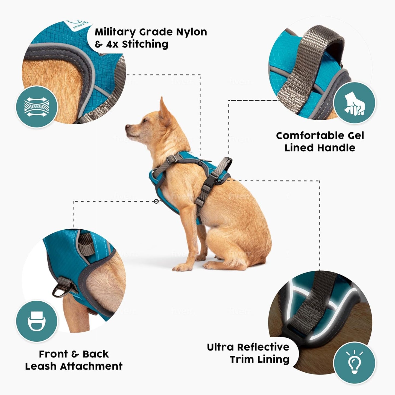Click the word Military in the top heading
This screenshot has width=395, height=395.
point(115,33)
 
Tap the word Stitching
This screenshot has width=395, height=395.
point(145,44)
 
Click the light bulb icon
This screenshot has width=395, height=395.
point(355,363)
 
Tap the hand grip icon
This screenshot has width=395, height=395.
point(355,104)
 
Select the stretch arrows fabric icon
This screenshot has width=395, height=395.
point(37,107)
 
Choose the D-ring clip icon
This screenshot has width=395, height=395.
point(37,321)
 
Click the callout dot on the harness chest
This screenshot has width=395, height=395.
point(156,201)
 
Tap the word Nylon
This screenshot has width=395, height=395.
point(191,33)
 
